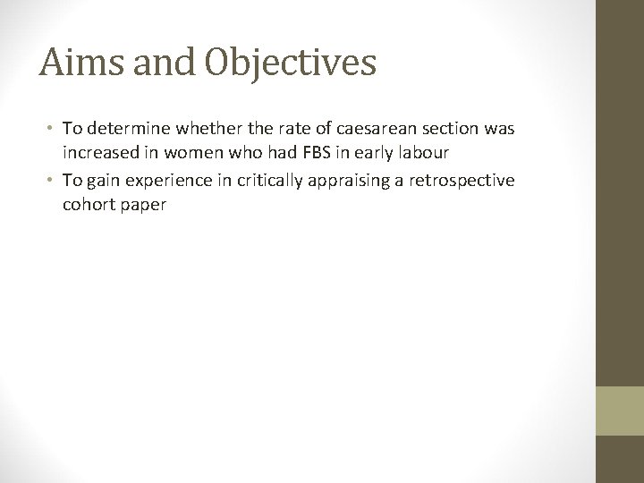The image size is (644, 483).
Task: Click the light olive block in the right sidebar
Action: [x=620, y=411]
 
